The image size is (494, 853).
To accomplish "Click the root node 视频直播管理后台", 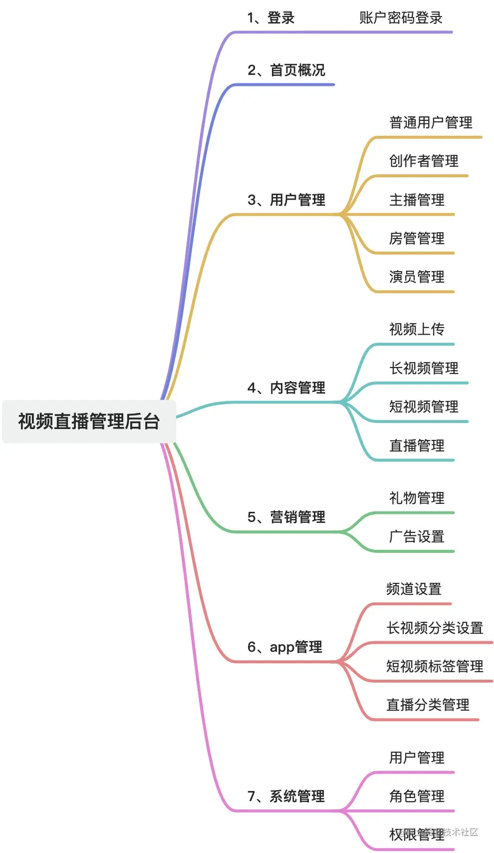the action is coord(89,422).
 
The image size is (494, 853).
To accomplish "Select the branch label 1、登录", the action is coord(271,18).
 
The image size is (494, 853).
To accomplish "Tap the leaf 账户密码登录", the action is coord(401,18).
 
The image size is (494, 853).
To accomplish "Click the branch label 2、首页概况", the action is coord(286,70).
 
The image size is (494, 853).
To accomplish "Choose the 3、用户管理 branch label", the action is coord(286,200).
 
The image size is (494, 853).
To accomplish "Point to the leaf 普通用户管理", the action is coord(431,123).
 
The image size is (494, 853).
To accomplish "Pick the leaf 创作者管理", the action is coord(424,161).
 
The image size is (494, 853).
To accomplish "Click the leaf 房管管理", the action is coord(417,239).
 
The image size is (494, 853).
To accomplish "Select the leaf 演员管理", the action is coord(417,277).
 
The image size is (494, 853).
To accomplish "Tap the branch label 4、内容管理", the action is coord(286,388).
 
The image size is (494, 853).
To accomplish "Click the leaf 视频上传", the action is coord(417,330).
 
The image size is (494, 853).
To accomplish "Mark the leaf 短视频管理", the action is coord(424,407).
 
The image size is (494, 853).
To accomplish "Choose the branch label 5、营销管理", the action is coord(286,517).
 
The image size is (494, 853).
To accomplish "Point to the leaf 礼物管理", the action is coord(417,498).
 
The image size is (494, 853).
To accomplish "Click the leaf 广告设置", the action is coord(417,537).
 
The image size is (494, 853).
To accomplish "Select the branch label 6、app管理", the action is coord(285,647).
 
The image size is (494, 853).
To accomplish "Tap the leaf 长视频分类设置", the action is coord(435,628).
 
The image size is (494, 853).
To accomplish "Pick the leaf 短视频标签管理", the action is coord(435,667).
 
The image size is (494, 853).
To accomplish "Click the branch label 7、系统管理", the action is coord(286,796).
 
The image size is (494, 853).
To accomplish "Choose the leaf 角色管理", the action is coord(417,796).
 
